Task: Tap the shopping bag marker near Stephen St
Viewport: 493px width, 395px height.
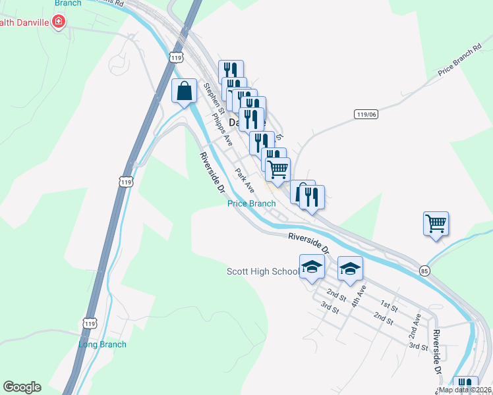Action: click(x=185, y=92)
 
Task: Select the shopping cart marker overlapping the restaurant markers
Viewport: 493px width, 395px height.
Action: click(x=278, y=169)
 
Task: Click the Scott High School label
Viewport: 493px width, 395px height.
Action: click(x=262, y=271)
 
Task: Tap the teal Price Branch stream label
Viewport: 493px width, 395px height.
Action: click(x=251, y=203)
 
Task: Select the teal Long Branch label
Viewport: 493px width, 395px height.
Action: click(x=102, y=344)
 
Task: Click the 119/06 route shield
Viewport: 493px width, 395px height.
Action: click(x=366, y=114)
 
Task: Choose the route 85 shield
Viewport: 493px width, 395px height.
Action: click(x=424, y=271)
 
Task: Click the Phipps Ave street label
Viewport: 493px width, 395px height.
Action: click(x=222, y=129)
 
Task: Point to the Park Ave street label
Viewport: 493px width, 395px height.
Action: click(x=245, y=179)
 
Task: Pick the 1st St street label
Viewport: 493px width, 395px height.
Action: click(x=390, y=305)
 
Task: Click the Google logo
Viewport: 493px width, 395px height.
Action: click(x=22, y=387)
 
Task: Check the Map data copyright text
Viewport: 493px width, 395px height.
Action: click(x=465, y=390)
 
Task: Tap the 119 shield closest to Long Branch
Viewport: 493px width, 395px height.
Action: click(x=89, y=322)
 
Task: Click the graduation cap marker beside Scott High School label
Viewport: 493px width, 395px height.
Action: click(x=312, y=267)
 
